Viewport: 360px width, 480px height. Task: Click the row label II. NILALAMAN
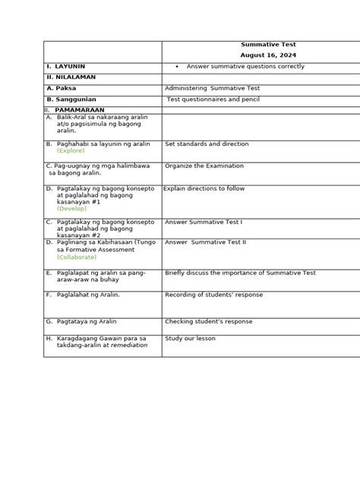tap(71, 77)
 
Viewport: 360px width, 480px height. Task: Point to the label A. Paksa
tap(62, 88)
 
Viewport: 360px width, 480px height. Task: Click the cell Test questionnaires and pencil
tap(216, 99)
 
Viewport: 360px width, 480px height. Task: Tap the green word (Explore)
tap(71, 150)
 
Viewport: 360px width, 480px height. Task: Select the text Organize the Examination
tap(204, 166)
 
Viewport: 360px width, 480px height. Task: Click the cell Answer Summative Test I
tap(203, 222)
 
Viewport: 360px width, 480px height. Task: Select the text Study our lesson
tap(190, 339)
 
